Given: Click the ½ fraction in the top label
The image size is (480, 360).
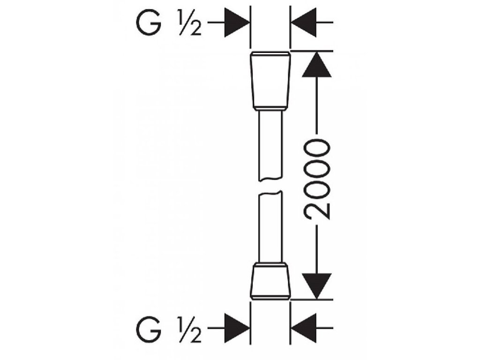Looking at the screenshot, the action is click(x=189, y=23).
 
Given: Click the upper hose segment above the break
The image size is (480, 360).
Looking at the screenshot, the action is click(x=271, y=145).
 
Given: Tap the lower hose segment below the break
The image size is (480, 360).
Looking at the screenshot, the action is click(x=271, y=227).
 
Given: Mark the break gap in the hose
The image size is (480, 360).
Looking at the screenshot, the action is click(x=271, y=185).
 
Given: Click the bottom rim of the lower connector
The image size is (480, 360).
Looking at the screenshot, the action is click(x=271, y=297).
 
